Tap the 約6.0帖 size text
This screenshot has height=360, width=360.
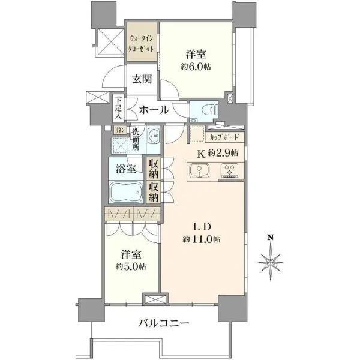[x=196, y=67]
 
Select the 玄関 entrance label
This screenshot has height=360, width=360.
[x=142, y=79]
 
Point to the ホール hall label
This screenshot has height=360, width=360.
[x=154, y=110]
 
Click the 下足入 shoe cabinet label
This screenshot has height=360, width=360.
[x=118, y=109]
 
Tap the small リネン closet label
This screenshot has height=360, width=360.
[x=120, y=130]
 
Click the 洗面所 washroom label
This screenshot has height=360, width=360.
[x=136, y=139]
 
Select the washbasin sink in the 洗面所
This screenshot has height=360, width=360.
[x=153, y=136]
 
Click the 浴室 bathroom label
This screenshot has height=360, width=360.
[x=126, y=169]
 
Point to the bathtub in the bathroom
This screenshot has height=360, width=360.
[x=126, y=192]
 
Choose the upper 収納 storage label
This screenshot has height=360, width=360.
[x=154, y=169]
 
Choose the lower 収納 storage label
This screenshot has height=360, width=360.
[x=154, y=193]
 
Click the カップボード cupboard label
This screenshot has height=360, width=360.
[x=224, y=137]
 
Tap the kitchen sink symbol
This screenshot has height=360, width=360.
[x=199, y=172]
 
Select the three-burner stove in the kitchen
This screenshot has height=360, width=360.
[x=229, y=171]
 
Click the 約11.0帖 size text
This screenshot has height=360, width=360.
[x=202, y=239]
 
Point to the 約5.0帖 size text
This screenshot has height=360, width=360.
[x=131, y=266]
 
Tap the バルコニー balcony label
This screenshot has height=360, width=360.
[x=164, y=324]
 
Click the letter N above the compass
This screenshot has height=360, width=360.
[x=271, y=238]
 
